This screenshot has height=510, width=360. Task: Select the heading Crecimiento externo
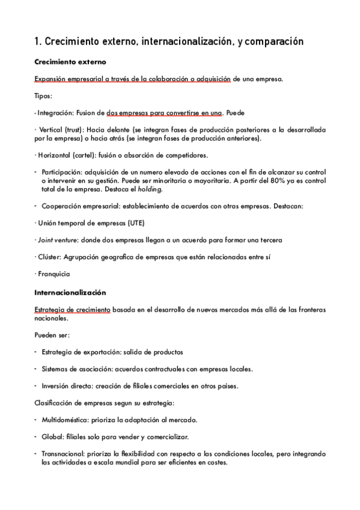pos(70,62)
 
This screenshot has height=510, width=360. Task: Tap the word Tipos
pos(43,95)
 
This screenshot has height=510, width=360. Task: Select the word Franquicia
pos(53,274)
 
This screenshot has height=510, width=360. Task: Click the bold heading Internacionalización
pos(70,292)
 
